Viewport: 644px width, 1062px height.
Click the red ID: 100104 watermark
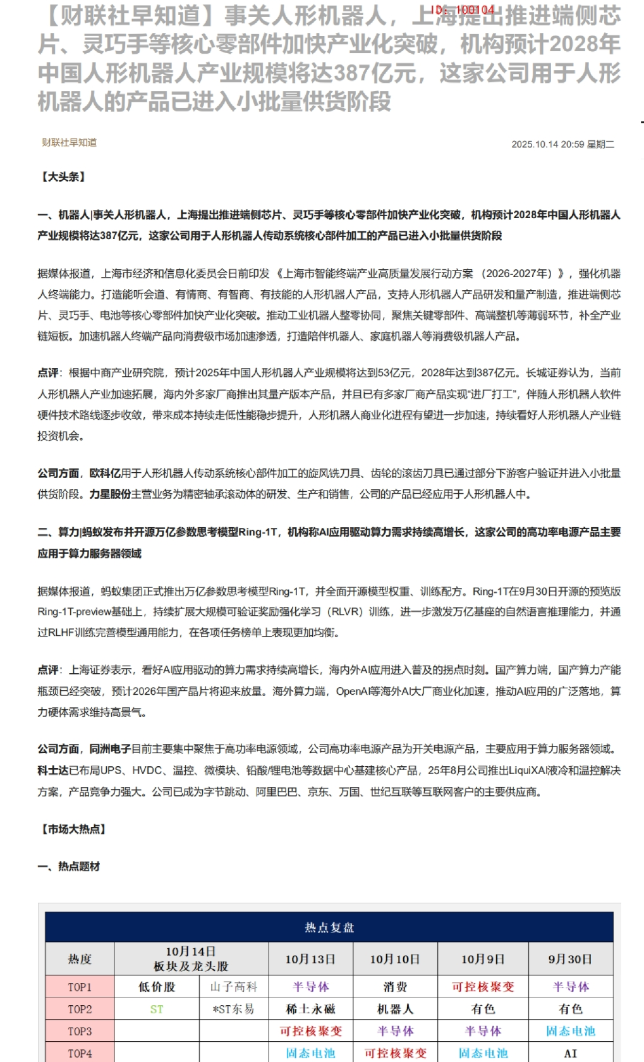pos(463,10)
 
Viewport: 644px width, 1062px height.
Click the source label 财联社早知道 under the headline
pos(70,142)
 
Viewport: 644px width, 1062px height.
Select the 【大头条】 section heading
pos(63,177)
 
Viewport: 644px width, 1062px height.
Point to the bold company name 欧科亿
pos(105,473)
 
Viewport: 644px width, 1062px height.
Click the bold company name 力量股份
pos(110,494)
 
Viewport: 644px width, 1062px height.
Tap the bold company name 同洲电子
pos(110,749)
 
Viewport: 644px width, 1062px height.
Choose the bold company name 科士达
pos(53,770)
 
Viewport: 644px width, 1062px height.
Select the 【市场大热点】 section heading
pos(73,829)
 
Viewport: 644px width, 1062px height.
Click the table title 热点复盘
pos(329,927)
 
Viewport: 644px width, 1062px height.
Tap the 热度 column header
pos(80,959)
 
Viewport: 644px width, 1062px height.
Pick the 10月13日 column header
pos(310,959)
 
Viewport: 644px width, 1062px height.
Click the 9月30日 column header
pos(570,959)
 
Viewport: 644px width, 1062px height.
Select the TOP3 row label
pos(80,1031)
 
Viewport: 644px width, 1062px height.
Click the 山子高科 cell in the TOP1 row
pos(234,987)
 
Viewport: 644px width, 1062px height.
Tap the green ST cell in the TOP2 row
pos(157,1010)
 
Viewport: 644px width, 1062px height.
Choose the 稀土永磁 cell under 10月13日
pos(310,1010)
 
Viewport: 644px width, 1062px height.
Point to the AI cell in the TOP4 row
pos(570,1053)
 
